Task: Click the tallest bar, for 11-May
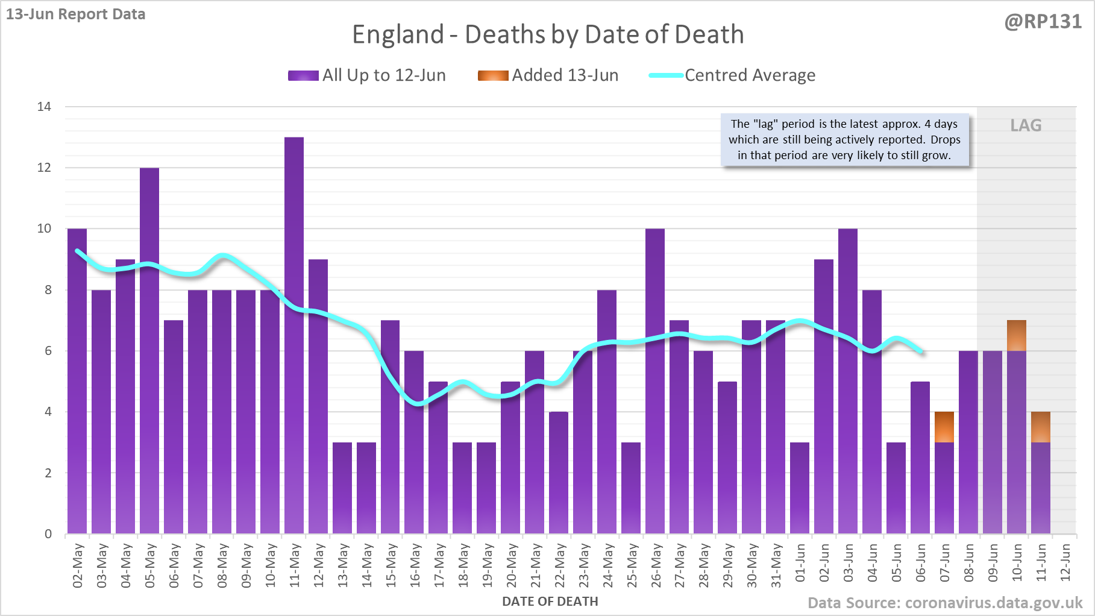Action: [294, 335]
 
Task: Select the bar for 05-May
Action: [149, 351]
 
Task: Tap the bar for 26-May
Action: [655, 381]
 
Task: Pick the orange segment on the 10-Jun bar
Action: [1017, 336]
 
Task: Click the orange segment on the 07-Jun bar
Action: [944, 427]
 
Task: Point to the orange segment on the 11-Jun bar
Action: [1041, 427]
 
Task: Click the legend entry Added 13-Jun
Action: [548, 75]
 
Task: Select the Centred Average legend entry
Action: [732, 75]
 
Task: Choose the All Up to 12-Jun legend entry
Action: [367, 75]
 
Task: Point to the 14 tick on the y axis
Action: [45, 107]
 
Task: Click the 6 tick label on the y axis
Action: [48, 351]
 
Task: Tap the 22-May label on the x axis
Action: [560, 565]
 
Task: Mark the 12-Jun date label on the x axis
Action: [1065, 563]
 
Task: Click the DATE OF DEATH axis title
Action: [550, 602]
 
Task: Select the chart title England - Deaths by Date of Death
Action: [548, 34]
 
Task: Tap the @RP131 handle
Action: [1043, 22]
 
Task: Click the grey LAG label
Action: [1026, 125]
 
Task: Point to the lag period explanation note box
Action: [844, 140]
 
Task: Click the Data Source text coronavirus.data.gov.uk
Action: [945, 603]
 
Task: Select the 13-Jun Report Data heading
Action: [76, 14]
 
